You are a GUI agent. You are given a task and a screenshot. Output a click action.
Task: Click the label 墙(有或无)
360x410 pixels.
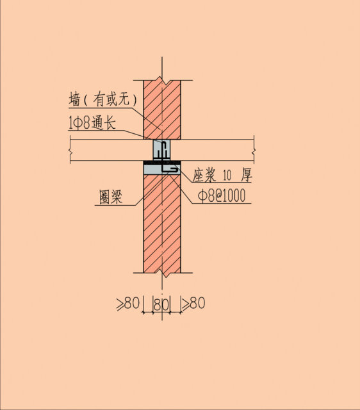(102, 99)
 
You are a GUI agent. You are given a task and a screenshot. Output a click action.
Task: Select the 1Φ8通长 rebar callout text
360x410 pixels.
(92, 123)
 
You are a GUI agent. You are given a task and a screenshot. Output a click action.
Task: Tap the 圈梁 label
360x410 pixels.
(111, 197)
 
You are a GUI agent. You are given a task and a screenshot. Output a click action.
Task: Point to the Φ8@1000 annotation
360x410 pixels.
(222, 195)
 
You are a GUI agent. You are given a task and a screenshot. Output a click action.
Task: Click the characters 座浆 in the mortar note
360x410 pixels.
(204, 175)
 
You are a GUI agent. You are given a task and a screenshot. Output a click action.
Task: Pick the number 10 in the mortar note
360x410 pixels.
(227, 176)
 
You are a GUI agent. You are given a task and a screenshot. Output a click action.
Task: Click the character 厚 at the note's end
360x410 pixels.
(246, 175)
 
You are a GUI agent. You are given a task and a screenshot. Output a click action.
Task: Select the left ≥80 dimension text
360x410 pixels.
(128, 303)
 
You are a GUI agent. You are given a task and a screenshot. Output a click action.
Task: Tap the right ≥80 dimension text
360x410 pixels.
(193, 303)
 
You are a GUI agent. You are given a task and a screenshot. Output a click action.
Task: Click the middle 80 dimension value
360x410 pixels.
(161, 304)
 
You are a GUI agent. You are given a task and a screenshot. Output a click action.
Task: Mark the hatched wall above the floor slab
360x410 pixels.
(162, 110)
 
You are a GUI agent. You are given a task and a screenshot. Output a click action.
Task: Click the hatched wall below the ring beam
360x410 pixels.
(162, 224)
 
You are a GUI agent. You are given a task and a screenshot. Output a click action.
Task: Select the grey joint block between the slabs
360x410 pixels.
(162, 150)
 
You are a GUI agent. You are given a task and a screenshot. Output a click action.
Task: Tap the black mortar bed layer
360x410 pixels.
(162, 162)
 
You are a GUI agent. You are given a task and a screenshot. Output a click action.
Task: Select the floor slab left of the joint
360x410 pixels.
(111, 150)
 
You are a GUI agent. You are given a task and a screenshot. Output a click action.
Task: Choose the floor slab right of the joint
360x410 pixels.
(212, 150)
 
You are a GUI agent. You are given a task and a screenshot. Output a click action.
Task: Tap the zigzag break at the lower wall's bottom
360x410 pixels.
(162, 274)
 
